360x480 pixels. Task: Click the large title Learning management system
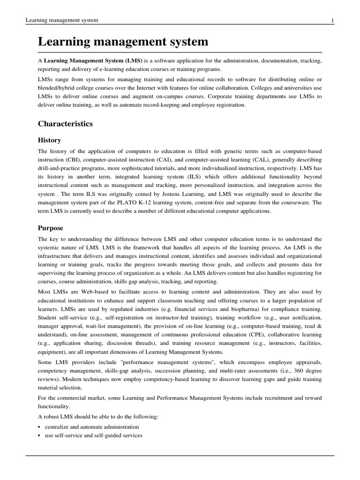123,42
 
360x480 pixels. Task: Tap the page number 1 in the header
332,20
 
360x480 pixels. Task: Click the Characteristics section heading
65,124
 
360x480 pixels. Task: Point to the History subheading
49,140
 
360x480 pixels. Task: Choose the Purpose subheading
50,228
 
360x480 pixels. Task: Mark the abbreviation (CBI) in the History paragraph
75,160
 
